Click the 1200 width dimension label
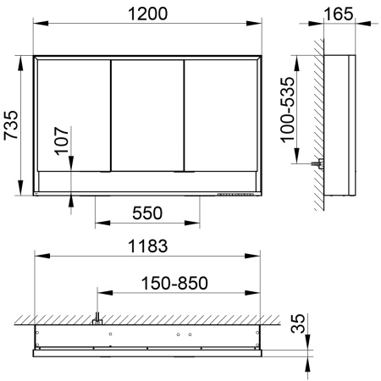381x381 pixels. coord(147,14)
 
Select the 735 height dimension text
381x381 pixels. coord(11,125)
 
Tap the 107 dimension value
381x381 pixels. coord(62,141)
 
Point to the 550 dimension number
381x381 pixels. coord(147,213)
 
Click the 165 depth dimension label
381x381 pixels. coord(339,14)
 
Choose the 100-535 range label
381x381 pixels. coord(287,109)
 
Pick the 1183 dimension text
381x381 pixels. coord(147,246)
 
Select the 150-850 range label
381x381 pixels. coord(174,284)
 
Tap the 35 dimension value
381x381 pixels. coord(298,323)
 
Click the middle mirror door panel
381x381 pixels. coord(147,115)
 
